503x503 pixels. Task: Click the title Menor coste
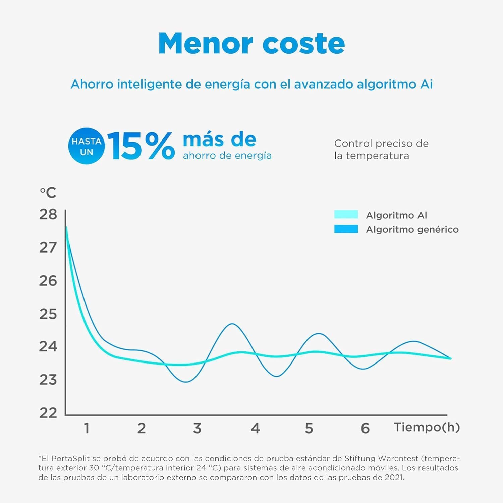[x=251, y=43]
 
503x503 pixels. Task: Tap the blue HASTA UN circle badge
[x=86, y=146]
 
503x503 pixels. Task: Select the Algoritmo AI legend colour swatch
[x=346, y=215]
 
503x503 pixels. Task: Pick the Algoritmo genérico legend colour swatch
[x=346, y=229]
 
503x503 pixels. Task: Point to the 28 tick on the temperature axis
[x=48, y=214]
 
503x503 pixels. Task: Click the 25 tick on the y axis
[x=48, y=314]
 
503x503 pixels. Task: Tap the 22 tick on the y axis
[x=48, y=413]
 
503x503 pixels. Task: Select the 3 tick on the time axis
[x=197, y=428]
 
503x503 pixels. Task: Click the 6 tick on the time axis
[x=365, y=428]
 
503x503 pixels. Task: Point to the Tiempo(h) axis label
[x=427, y=427]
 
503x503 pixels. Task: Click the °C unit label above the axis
[x=48, y=193]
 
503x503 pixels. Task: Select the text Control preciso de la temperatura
[x=381, y=150]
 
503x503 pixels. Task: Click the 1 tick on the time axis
[x=87, y=428]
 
